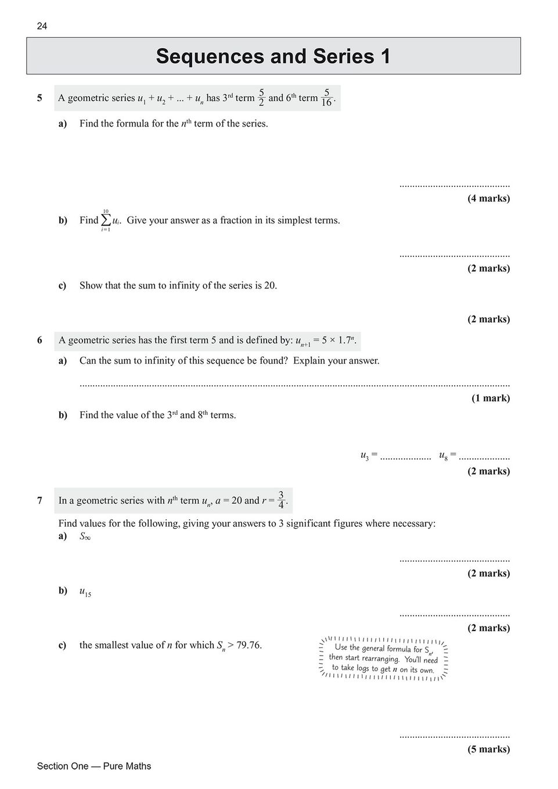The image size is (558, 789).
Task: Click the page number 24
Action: (42, 26)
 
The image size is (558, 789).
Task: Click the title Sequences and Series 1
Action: (273, 56)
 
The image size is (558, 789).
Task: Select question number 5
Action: (39, 98)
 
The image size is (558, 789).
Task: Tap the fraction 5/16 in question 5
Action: (327, 97)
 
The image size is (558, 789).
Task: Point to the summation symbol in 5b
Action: (106, 220)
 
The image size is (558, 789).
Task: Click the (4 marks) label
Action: (488, 198)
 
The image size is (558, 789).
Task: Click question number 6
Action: (39, 341)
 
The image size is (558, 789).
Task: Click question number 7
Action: (39, 501)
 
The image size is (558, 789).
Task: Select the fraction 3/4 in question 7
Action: (281, 500)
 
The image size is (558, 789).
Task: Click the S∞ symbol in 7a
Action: (85, 536)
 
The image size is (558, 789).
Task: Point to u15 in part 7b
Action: (85, 592)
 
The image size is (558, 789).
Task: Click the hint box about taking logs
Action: (384, 659)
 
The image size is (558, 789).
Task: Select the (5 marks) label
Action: (488, 749)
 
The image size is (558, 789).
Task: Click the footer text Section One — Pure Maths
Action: (94, 766)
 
